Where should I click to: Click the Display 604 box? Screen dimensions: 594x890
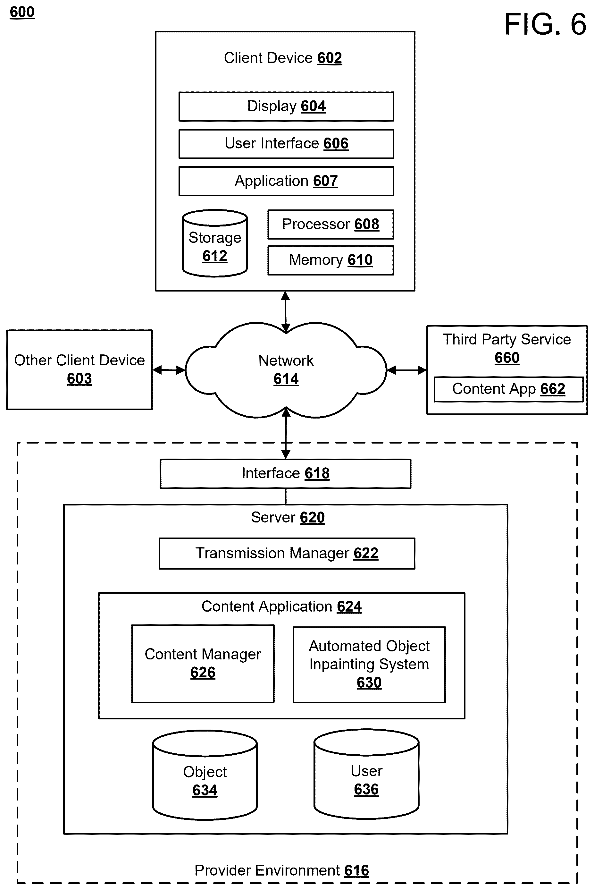pos(286,106)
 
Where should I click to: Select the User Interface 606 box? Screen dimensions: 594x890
pos(286,144)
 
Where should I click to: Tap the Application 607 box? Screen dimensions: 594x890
pos(286,181)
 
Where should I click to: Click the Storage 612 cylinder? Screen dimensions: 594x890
pos(215,243)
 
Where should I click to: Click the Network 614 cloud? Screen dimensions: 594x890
pos(286,370)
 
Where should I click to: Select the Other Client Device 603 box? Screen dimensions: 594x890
pos(79,369)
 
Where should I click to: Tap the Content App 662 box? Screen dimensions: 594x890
pos(508,389)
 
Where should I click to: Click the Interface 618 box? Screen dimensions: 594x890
pos(286,474)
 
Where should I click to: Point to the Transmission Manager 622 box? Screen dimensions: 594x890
pos(287,554)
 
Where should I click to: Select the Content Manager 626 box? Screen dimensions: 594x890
pos(203,664)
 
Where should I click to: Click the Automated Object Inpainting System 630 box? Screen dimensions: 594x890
pos(369,665)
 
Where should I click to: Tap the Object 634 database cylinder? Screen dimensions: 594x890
pos(205,775)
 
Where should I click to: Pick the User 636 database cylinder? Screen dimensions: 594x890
pos(366,774)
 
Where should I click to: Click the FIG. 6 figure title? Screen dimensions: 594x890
pos(545,24)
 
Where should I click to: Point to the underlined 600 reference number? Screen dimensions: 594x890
pos(22,12)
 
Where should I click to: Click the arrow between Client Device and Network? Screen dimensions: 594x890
pos(286,312)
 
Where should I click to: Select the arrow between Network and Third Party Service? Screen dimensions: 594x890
pos(407,370)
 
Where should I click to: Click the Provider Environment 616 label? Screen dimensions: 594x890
pos(281,870)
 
